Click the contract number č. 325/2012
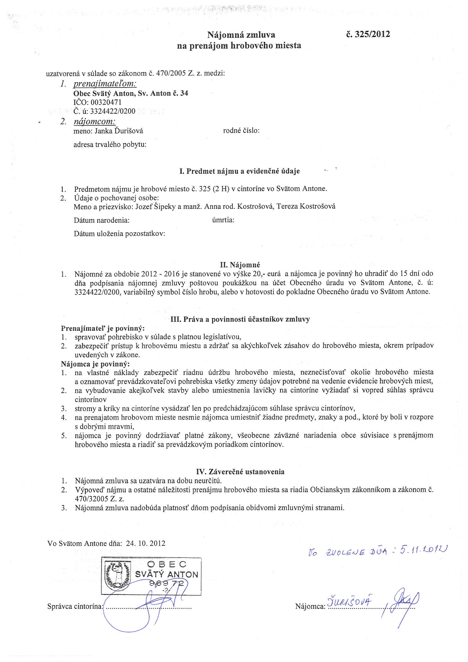point(368,34)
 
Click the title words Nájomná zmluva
point(241,35)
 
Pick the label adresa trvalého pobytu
point(110,144)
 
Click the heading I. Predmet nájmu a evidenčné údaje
point(239,171)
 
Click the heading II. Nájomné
point(240,264)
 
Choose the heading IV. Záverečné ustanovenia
point(240,464)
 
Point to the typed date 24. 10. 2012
point(145,544)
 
